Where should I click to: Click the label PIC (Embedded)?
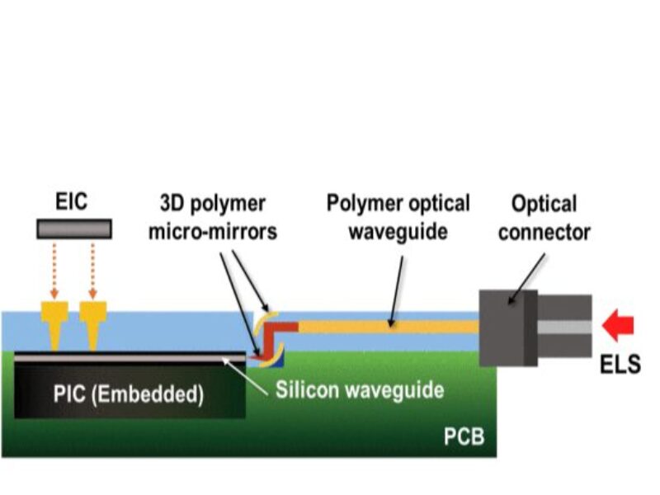(128, 394)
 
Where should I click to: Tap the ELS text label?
(621, 364)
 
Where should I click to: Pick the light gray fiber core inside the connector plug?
(565, 327)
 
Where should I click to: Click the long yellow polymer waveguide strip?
(388, 328)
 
